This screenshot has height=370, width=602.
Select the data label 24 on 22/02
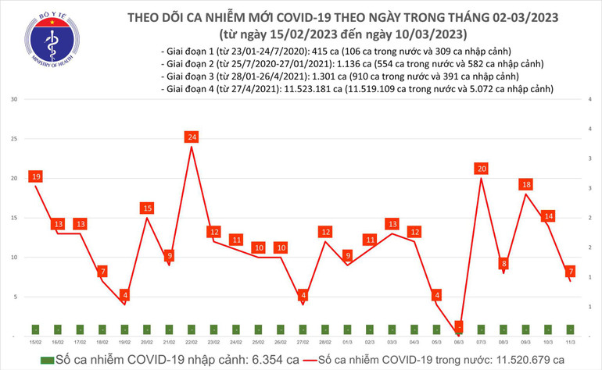(x=192, y=137)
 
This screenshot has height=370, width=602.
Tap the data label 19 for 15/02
(x=35, y=177)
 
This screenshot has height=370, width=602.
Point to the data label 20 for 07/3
(x=481, y=169)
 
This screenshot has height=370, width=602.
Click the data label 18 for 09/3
(x=526, y=185)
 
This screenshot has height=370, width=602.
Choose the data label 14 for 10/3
(x=549, y=216)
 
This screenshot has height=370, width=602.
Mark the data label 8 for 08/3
(x=503, y=264)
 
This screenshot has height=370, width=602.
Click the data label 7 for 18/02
(x=102, y=272)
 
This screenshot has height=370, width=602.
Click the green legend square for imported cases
(x=48, y=360)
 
